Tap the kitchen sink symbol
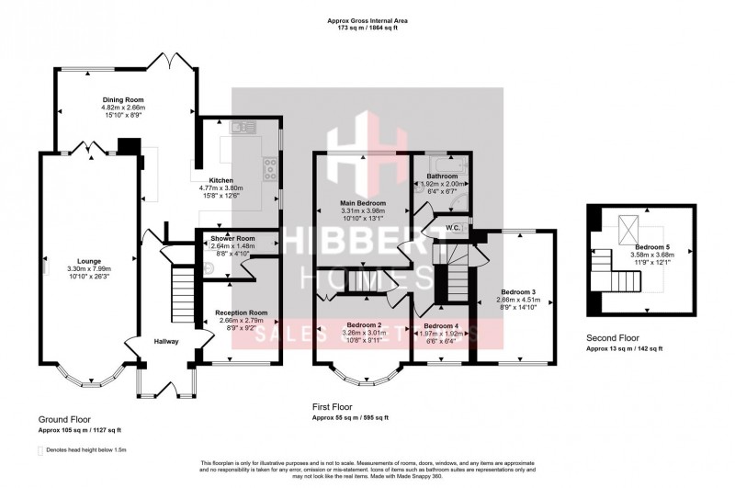click(x=241, y=126)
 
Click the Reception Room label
click(x=241, y=312)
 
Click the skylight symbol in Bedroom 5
click(x=629, y=225)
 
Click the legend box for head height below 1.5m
click(x=40, y=451)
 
